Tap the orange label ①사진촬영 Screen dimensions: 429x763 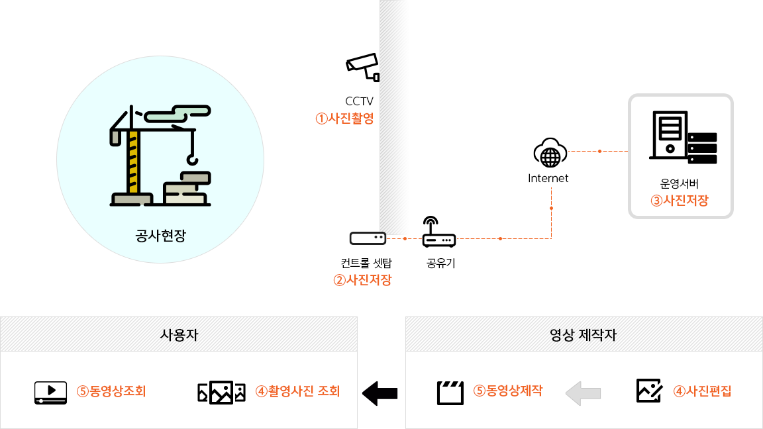(344, 119)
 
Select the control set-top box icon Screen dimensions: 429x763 (368, 238)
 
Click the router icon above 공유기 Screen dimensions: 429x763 (438, 233)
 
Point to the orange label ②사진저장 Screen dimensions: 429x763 (362, 279)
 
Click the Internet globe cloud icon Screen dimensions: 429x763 (550, 153)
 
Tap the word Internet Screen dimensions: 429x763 (548, 178)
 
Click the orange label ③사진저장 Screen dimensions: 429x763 (680, 201)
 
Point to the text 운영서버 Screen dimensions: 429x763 (680, 184)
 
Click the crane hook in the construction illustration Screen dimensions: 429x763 (192, 158)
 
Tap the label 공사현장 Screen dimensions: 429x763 (160, 235)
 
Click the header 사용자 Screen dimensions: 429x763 (179, 334)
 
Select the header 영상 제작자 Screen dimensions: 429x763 (584, 334)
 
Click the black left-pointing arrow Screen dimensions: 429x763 (380, 393)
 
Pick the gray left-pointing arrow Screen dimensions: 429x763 (583, 393)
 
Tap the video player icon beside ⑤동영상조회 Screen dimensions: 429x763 (51, 392)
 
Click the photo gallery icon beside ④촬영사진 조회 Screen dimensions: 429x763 (221, 392)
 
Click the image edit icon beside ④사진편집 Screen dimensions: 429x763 (649, 391)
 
